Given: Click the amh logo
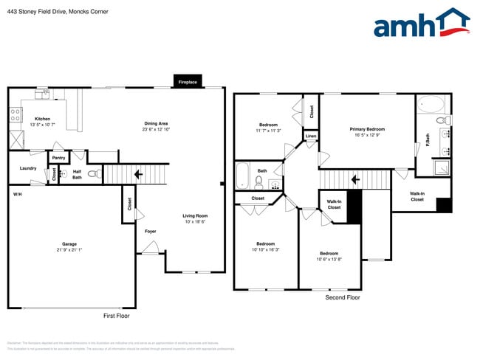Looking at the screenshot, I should click(x=421, y=24).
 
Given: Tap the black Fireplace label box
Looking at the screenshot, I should click(x=188, y=83).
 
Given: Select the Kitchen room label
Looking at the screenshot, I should click(x=43, y=119).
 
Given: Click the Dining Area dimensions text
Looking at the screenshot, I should click(x=156, y=129).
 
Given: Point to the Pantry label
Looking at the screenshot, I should click(x=59, y=157).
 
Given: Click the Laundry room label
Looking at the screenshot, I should click(x=28, y=168).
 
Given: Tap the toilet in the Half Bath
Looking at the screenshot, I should click(x=94, y=174).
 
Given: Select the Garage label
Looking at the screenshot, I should click(x=69, y=244).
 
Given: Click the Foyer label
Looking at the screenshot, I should click(x=150, y=232).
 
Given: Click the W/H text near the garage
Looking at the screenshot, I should click(x=17, y=194).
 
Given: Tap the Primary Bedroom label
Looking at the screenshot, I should click(x=367, y=129).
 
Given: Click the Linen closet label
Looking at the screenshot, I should click(x=311, y=136).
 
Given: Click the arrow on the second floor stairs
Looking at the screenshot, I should click(x=354, y=179).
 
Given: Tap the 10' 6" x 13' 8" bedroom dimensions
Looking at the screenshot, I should click(x=329, y=259).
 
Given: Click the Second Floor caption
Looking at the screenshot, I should click(x=343, y=297).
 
